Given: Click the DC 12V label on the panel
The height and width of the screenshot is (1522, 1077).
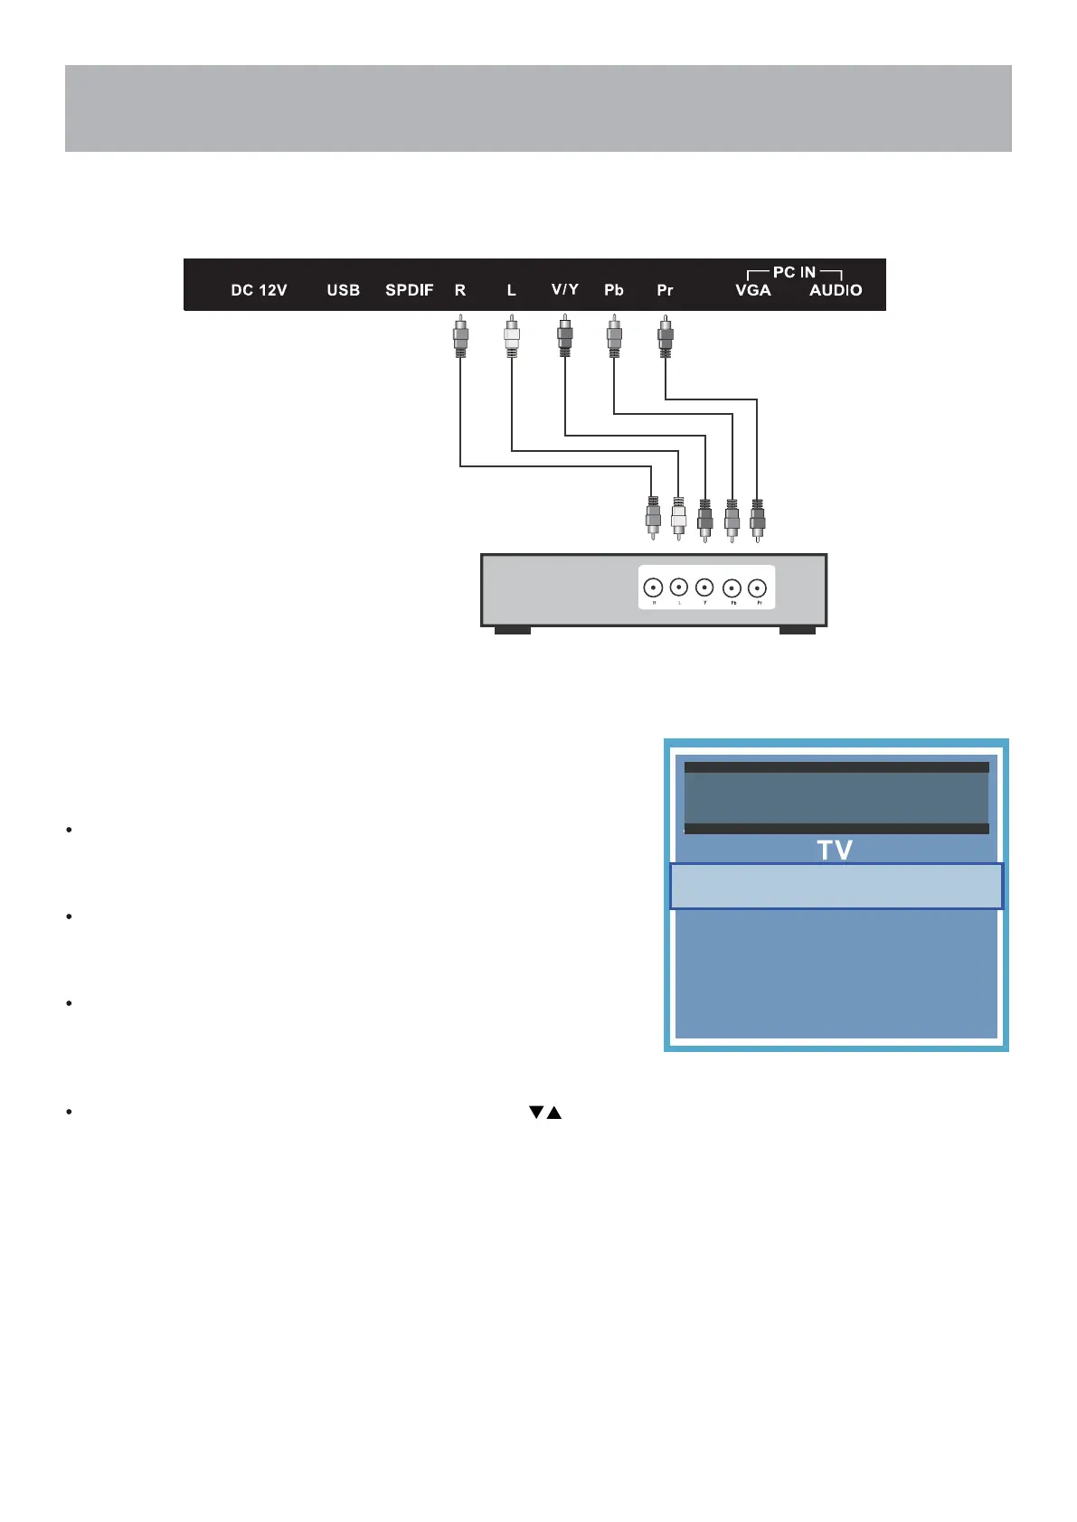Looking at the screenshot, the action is click(x=259, y=290).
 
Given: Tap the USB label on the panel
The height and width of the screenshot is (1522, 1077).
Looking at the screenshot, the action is click(x=344, y=290).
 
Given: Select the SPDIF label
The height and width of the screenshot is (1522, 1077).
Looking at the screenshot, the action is click(x=410, y=290).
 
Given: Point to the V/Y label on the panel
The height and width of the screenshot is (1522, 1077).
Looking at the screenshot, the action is click(x=565, y=289).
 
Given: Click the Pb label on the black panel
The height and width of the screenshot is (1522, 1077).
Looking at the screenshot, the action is click(x=614, y=290).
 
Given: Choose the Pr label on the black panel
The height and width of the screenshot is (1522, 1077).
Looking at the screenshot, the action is click(x=665, y=290).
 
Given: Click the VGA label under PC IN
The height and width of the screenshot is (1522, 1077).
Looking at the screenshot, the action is click(x=753, y=290).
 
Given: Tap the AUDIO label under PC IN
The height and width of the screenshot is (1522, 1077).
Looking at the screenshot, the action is click(x=836, y=290).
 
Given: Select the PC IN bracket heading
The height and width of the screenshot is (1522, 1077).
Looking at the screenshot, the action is click(x=794, y=272).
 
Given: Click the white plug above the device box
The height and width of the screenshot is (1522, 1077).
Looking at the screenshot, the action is click(x=679, y=516).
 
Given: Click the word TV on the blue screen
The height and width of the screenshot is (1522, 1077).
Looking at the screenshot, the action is click(x=835, y=850).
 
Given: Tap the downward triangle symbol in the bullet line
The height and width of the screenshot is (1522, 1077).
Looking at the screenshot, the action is click(x=536, y=1113).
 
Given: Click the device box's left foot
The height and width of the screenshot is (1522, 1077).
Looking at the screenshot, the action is click(x=512, y=630).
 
